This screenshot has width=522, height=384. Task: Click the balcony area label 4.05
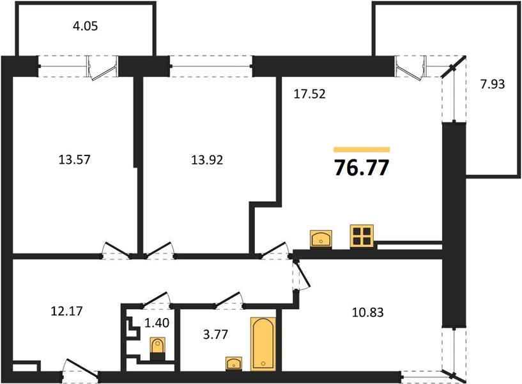coord(85,26)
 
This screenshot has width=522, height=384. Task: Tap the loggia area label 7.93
coord(493,84)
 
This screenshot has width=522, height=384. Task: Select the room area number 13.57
coord(74,159)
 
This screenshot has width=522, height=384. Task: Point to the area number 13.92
coord(207,160)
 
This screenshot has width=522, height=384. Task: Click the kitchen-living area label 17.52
coord(310,94)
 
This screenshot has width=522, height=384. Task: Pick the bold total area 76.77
coord(362,167)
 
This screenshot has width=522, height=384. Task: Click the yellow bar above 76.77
coord(362,150)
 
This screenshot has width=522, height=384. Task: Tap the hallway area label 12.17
coord(66,311)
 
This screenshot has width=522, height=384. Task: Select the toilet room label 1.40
coord(157,323)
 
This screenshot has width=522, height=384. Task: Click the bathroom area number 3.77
coord(216,334)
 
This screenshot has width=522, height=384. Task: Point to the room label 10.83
coord(368,312)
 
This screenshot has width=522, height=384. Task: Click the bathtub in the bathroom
coord(263,344)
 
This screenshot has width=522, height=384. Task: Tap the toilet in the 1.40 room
coord(157,349)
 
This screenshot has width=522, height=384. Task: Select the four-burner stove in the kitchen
coord(362,237)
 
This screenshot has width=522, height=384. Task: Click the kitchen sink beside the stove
coord(321,239)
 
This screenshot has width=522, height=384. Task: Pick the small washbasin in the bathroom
coord(234,364)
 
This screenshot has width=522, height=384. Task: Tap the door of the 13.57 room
coord(116,250)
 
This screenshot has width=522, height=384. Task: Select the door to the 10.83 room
coord(302,275)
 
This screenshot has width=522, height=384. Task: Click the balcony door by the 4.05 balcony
coord(103,68)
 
